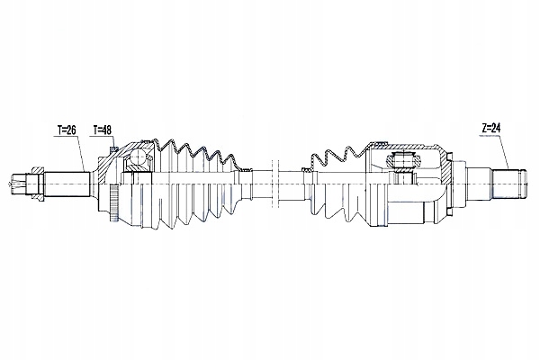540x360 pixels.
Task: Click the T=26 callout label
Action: point(67,130)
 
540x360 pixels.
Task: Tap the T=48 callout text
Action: point(102,130)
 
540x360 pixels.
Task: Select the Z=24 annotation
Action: point(491,128)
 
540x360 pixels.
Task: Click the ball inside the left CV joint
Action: point(139,157)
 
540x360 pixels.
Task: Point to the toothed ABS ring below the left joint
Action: point(114,202)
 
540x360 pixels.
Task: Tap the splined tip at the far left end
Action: point(16,184)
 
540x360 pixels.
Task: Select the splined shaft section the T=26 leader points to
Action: point(67,184)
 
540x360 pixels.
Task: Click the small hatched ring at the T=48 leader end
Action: point(114,148)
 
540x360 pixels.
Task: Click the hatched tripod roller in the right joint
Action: point(403,160)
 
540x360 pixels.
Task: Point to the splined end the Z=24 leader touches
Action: point(508,184)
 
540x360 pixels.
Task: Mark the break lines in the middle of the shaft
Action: point(274,184)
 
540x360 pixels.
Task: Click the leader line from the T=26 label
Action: point(81,154)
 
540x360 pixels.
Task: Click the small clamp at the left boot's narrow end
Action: point(247,169)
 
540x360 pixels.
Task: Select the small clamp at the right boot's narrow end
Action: point(304,169)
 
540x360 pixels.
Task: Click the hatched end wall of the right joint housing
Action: point(447,169)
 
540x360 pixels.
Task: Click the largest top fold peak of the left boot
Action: point(170,142)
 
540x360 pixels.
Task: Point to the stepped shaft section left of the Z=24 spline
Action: point(479,184)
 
